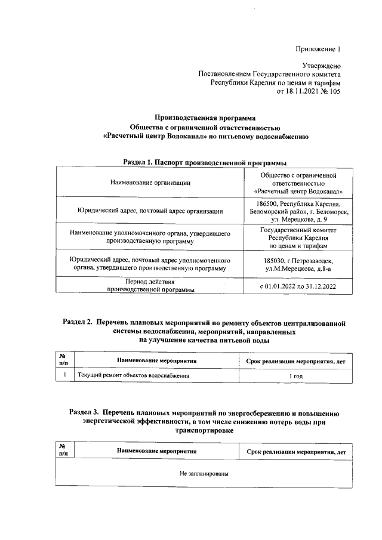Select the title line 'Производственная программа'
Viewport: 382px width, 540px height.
pos(205,118)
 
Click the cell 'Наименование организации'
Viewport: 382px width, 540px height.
pos(150,183)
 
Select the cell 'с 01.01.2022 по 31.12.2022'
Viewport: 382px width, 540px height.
pos(298,286)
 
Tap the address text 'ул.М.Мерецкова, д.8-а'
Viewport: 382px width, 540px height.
pos(298,269)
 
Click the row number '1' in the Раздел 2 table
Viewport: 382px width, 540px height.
pos(63,376)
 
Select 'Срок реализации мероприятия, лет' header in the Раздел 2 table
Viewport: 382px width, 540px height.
pos(296,361)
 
